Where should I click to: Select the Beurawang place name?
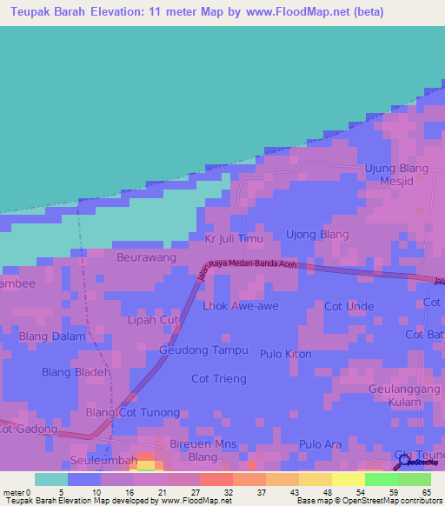click(146, 257)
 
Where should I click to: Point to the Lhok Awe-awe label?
click(239, 306)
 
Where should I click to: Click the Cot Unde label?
click(349, 306)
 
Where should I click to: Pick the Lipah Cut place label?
click(153, 321)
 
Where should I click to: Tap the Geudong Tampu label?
click(203, 350)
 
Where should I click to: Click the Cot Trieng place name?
click(219, 378)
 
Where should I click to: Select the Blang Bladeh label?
click(76, 372)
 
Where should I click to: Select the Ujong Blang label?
click(317, 235)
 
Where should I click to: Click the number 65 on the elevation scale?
click(426, 492)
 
